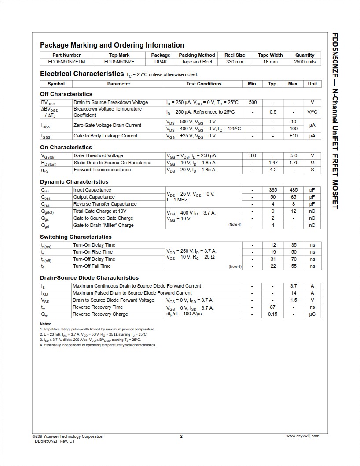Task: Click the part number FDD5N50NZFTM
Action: (66, 62)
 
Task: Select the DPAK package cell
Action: (161, 62)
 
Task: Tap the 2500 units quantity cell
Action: (305, 62)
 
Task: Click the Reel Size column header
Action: (235, 55)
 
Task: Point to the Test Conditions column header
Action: (204, 84)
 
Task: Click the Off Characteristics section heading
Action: (66, 94)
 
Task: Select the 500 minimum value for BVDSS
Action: (253, 103)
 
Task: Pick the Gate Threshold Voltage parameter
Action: (98, 156)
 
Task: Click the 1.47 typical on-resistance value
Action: (273, 163)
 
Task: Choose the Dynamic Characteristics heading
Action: (74, 182)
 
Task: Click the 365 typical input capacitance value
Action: (273, 190)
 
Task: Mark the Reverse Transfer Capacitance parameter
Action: (105, 204)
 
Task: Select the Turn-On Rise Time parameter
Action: (92, 252)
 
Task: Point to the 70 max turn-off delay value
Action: (294, 259)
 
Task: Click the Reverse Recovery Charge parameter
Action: (100, 314)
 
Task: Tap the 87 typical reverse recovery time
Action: (273, 307)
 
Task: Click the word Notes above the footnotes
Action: (45, 324)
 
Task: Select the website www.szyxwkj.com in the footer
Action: (303, 436)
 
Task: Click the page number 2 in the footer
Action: (181, 436)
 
